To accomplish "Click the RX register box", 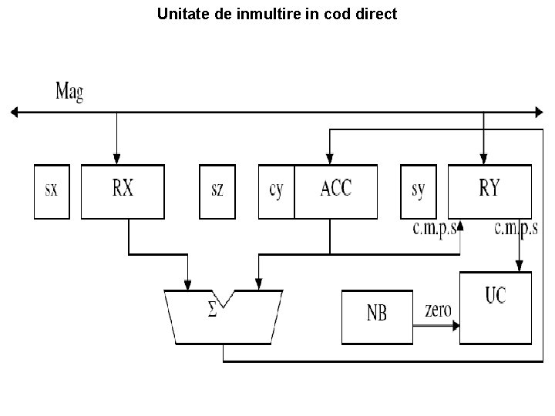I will coord(123,191).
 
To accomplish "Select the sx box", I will coord(52,191).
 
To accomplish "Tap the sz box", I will coord(217,191).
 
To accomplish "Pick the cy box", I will coord(276,191).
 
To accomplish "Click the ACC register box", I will coord(336,191).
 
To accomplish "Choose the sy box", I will coord(419,191).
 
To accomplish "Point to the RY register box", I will coord(489,191).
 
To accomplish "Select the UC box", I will coord(496,307).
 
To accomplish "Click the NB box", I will coord(376,317).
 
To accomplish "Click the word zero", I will coord(437,310).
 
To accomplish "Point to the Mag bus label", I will coord(69,92).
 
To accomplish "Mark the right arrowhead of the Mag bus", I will coord(539,113).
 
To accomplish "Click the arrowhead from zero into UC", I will coord(456,326).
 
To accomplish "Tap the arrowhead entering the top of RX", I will coord(117,159).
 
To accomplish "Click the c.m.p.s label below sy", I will coord(436,229).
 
